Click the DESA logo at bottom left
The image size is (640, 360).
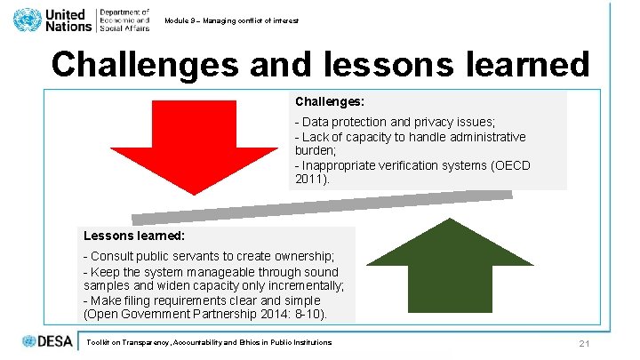point(49,341)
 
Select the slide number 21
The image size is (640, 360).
point(584,344)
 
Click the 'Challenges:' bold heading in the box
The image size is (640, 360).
point(331,101)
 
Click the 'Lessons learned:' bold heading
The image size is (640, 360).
point(133,236)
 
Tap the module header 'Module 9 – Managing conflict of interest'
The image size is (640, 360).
point(232,20)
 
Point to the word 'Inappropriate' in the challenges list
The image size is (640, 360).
point(338,164)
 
